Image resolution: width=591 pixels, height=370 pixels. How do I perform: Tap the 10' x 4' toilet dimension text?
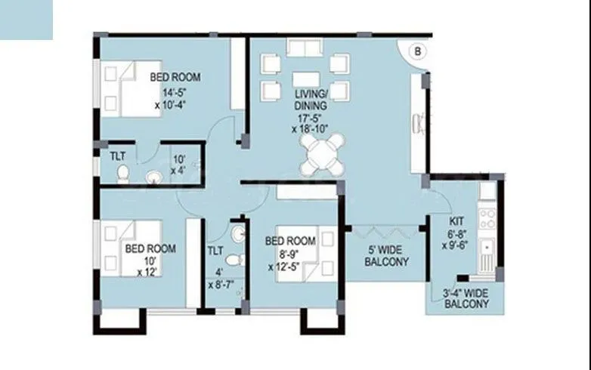click(178, 165)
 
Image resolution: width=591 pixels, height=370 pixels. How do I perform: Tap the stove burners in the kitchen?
click(487, 219)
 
